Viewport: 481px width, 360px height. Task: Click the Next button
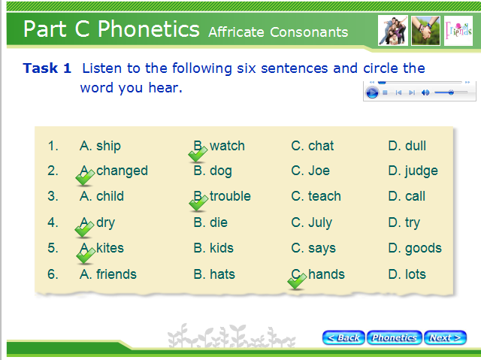point(445,337)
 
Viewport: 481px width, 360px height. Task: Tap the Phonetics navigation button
point(394,337)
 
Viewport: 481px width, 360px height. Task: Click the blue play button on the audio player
point(372,92)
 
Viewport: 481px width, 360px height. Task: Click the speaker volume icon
point(425,92)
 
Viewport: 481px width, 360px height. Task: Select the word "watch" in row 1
point(227,146)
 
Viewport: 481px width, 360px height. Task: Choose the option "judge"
point(421,171)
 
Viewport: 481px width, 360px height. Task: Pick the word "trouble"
point(230,196)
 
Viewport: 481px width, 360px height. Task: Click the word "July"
point(320,222)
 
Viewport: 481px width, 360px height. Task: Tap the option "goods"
point(423,248)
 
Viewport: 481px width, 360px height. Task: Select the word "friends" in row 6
point(116,274)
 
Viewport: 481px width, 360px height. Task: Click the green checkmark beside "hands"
point(297,281)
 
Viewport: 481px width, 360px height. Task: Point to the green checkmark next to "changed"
point(85,177)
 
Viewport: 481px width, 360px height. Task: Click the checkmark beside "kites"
point(86,256)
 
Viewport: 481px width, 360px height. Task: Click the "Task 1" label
point(47,68)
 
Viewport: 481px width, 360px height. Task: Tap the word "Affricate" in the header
point(236,32)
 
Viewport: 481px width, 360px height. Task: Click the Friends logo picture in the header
point(458,31)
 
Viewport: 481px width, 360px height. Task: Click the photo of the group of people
point(393,31)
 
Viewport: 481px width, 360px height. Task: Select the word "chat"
point(321,146)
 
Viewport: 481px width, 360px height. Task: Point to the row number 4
point(53,222)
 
